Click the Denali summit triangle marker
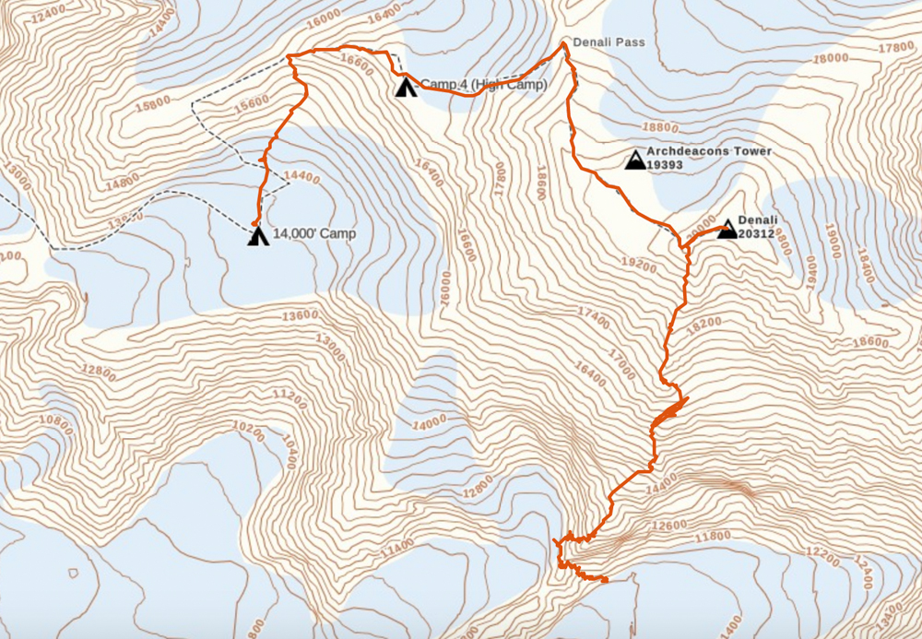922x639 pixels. coord(727,230)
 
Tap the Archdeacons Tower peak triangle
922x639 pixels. coord(635,160)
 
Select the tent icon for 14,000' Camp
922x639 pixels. coord(258,236)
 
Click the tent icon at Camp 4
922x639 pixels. coord(404,89)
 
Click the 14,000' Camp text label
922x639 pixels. coord(314,234)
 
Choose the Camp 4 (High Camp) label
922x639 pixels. coord(484,85)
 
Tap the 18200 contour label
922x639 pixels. coord(703,323)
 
